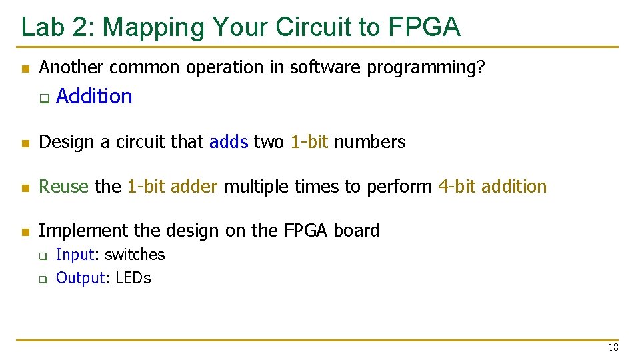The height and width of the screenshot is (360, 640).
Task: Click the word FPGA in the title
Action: pyautogui.click(x=424, y=27)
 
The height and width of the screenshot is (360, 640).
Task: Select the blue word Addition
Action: pyautogui.click(x=94, y=96)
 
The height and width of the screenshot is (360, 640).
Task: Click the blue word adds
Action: pyautogui.click(x=229, y=141)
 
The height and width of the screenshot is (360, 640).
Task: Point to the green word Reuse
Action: pyautogui.click(x=63, y=186)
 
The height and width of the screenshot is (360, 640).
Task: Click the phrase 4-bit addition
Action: pyautogui.click(x=492, y=186)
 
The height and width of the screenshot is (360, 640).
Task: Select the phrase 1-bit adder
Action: pyautogui.click(x=173, y=186)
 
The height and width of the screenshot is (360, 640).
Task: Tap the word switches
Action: pyautogui.click(x=135, y=254)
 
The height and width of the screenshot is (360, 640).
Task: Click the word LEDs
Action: pyautogui.click(x=133, y=278)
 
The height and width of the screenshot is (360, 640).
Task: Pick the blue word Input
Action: pyautogui.click(x=75, y=255)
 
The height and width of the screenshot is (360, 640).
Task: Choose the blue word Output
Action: pyautogui.click(x=81, y=279)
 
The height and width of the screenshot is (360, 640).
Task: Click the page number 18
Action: pyautogui.click(x=613, y=347)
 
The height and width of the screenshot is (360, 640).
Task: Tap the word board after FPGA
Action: pyautogui.click(x=356, y=230)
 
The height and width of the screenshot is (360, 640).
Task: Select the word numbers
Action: pyautogui.click(x=370, y=142)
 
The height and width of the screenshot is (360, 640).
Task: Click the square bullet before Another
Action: pyautogui.click(x=26, y=69)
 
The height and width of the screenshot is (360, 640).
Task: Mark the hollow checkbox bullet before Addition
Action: pyautogui.click(x=45, y=99)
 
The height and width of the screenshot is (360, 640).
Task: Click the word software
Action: pyautogui.click(x=325, y=67)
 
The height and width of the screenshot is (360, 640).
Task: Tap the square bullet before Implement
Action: pyautogui.click(x=26, y=232)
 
